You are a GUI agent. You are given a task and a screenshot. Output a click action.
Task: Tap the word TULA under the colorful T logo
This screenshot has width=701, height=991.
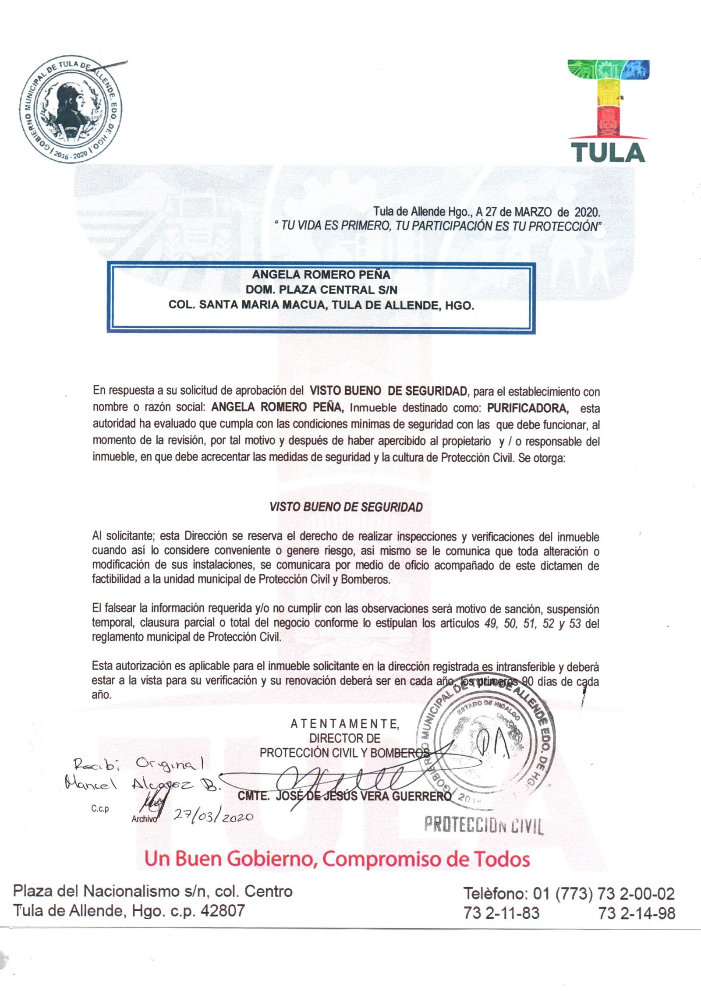point(608,152)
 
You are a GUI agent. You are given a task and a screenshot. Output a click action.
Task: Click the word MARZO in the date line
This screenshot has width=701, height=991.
point(532,212)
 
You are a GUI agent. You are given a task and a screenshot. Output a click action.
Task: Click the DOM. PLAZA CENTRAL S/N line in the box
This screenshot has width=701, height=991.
point(321,290)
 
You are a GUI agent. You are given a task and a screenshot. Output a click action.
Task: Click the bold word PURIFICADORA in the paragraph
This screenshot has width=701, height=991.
point(528,408)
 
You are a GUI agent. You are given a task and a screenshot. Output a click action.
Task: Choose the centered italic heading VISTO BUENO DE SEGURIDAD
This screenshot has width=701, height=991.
point(346,507)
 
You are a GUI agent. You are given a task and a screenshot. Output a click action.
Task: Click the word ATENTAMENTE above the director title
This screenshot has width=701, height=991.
point(345,724)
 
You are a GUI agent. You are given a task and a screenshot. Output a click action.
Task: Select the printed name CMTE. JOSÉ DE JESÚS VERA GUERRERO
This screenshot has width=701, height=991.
point(344,796)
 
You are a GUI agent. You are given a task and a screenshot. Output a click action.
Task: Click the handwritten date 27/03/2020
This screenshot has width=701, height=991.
point(214,816)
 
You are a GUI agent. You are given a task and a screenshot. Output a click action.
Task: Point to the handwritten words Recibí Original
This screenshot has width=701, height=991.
point(138,765)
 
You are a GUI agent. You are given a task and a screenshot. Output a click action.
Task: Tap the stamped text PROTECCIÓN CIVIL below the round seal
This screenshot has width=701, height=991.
point(484,825)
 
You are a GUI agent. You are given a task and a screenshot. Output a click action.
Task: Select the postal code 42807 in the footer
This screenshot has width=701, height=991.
point(222,911)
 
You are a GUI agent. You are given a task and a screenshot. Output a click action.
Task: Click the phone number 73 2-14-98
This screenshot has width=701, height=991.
point(637,913)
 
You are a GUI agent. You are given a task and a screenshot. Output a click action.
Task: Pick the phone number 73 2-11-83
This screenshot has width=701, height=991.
point(501,913)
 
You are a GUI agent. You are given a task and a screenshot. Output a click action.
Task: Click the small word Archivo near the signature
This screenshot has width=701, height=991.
point(144,819)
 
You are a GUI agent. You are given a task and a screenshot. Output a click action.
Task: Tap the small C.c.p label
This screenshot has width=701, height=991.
point(100,809)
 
